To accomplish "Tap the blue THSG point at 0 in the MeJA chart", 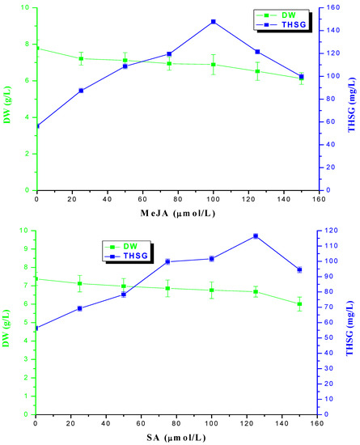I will pos(37,125).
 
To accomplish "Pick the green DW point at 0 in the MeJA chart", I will pos(37,49).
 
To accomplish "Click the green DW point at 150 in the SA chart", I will pos(299,304).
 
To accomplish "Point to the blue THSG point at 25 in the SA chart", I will pos(79,308).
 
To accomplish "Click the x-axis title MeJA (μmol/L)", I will pos(170,213).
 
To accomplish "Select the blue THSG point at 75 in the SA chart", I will pos(167,261).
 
